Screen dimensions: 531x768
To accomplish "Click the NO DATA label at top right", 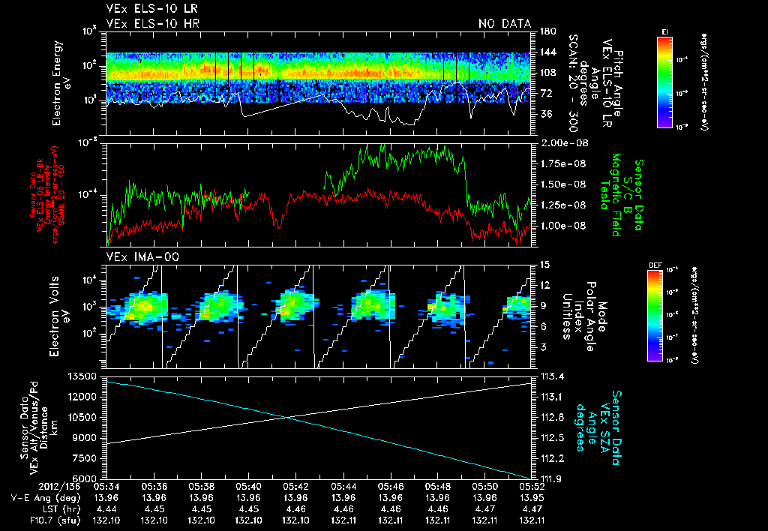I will click(x=505, y=24).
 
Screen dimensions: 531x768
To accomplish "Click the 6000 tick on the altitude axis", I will click(x=86, y=478).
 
